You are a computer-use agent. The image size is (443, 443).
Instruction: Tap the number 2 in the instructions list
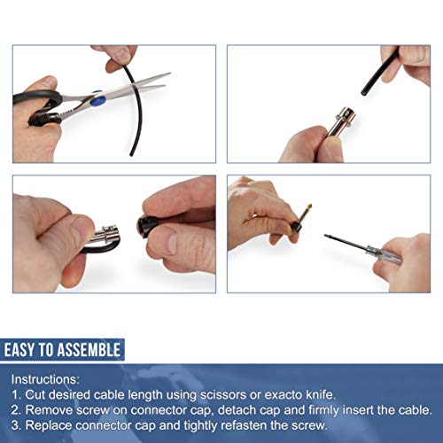pyautogui.click(x=17, y=409)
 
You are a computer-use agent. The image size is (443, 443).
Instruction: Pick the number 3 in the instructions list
pyautogui.click(x=17, y=425)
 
